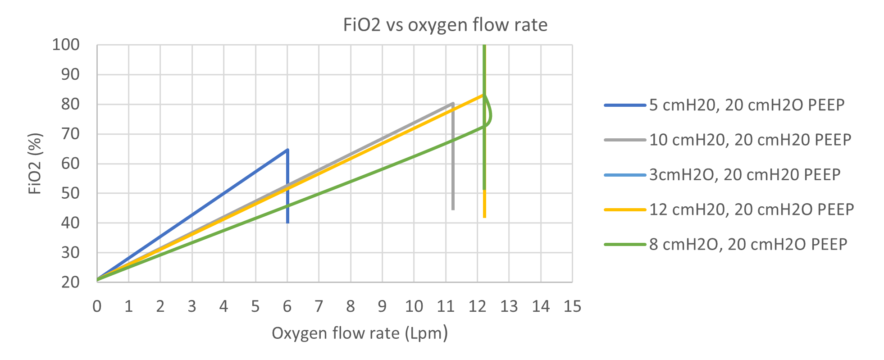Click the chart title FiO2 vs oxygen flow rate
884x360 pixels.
445,25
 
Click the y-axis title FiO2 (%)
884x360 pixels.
35,163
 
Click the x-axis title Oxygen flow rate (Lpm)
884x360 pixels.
360,333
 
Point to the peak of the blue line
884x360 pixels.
287,150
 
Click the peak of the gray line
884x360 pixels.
452,104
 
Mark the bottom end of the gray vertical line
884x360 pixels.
453,209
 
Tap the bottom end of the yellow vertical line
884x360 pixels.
484,217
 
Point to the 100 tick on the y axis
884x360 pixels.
66,45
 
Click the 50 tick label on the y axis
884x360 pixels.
70,193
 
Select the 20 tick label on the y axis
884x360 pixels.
70,282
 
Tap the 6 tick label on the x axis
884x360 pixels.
287,307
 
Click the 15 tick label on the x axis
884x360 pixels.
572,307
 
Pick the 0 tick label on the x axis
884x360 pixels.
97,307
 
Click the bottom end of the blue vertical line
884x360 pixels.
287,222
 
